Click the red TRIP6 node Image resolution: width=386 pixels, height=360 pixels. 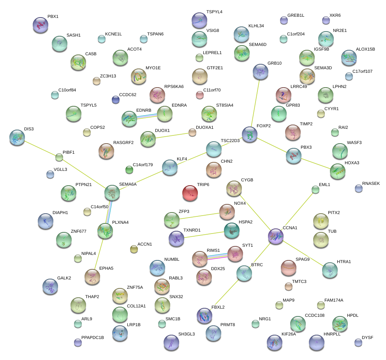190,193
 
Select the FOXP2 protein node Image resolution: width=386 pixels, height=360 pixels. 250,134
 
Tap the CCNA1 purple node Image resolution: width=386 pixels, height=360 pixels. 276,236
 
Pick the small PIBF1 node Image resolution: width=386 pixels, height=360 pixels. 59,157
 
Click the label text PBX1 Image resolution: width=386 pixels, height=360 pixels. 53,17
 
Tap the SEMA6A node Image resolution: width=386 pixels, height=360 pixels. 112,192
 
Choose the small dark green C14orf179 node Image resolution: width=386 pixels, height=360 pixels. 129,169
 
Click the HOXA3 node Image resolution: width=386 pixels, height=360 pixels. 338,171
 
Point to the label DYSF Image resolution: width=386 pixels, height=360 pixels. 367,337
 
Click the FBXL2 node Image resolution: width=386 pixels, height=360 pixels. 204,315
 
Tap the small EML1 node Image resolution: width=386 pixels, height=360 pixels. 315,190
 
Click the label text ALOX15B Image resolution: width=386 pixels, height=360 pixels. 365,49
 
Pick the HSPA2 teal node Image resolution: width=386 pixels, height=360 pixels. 231,231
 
